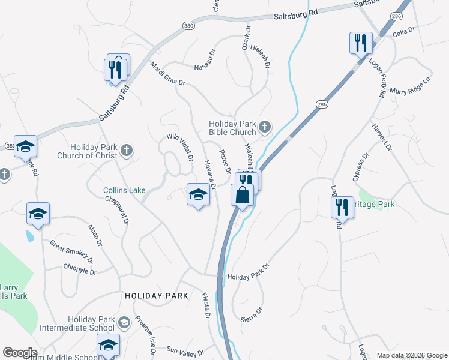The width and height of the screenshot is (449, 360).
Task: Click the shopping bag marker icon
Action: [243, 195]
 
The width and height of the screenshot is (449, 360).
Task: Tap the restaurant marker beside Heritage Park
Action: [342, 207]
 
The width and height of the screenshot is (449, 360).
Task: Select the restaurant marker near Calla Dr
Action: [361, 43]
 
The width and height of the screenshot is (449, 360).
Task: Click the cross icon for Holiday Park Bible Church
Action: [265, 127]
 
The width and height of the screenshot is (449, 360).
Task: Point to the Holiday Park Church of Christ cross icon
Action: [126, 151]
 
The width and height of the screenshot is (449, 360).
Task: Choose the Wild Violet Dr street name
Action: [180, 148]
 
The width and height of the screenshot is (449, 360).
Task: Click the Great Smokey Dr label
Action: [71, 251]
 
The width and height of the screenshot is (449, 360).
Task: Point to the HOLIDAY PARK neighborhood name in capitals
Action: [157, 296]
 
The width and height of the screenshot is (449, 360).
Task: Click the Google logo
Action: [20, 353]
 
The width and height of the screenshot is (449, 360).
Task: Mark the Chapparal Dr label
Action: [117, 209]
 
